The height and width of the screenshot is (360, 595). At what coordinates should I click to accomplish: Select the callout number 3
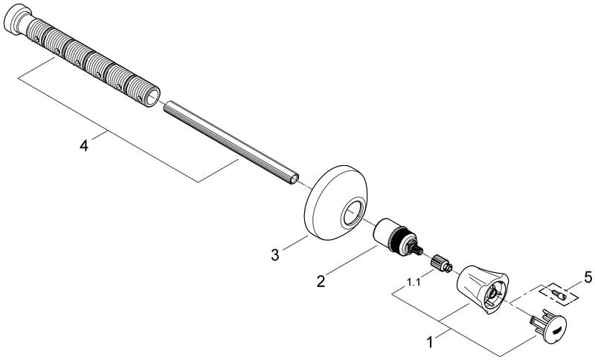275,254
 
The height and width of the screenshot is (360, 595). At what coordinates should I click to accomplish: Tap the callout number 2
321,281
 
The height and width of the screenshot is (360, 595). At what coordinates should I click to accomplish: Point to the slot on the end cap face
554,330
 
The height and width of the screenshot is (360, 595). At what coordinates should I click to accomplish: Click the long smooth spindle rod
231,143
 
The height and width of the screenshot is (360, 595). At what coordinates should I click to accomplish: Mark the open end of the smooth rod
296,179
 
